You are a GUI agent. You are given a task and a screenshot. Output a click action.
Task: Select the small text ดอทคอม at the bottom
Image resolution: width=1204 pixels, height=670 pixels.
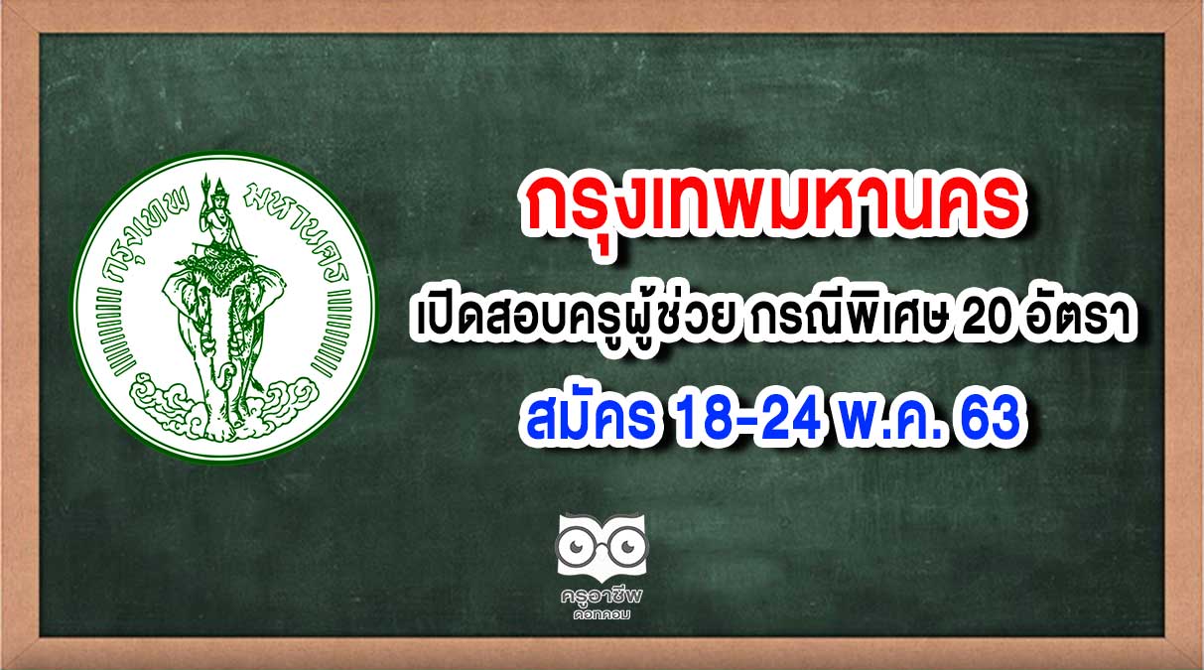click(602, 614)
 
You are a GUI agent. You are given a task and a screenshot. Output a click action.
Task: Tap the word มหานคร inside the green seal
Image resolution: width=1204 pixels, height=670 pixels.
click(299, 231)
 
